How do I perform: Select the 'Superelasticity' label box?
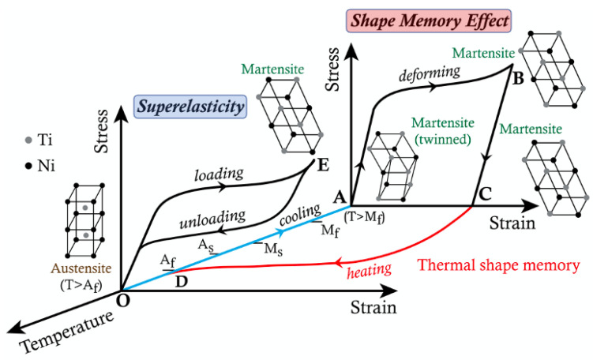pyautogui.click(x=190, y=104)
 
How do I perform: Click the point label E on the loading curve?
pyautogui.click(x=321, y=169)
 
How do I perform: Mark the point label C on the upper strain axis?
pyautogui.click(x=485, y=193)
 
